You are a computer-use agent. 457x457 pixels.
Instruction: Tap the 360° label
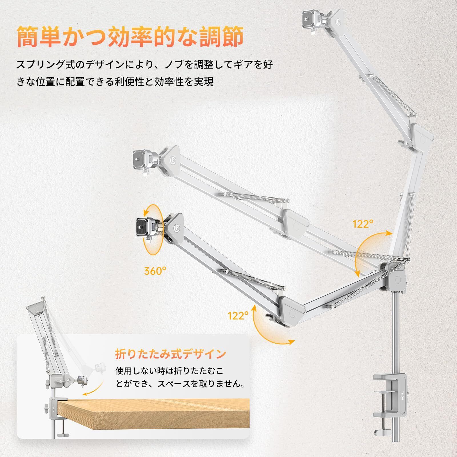pyautogui.click(x=155, y=271)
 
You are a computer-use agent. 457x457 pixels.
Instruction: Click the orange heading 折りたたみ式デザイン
pyautogui.click(x=171, y=354)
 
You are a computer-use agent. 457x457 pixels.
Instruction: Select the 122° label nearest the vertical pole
pyautogui.click(x=363, y=224)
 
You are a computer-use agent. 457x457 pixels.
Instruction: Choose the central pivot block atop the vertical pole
pyautogui.click(x=396, y=278)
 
